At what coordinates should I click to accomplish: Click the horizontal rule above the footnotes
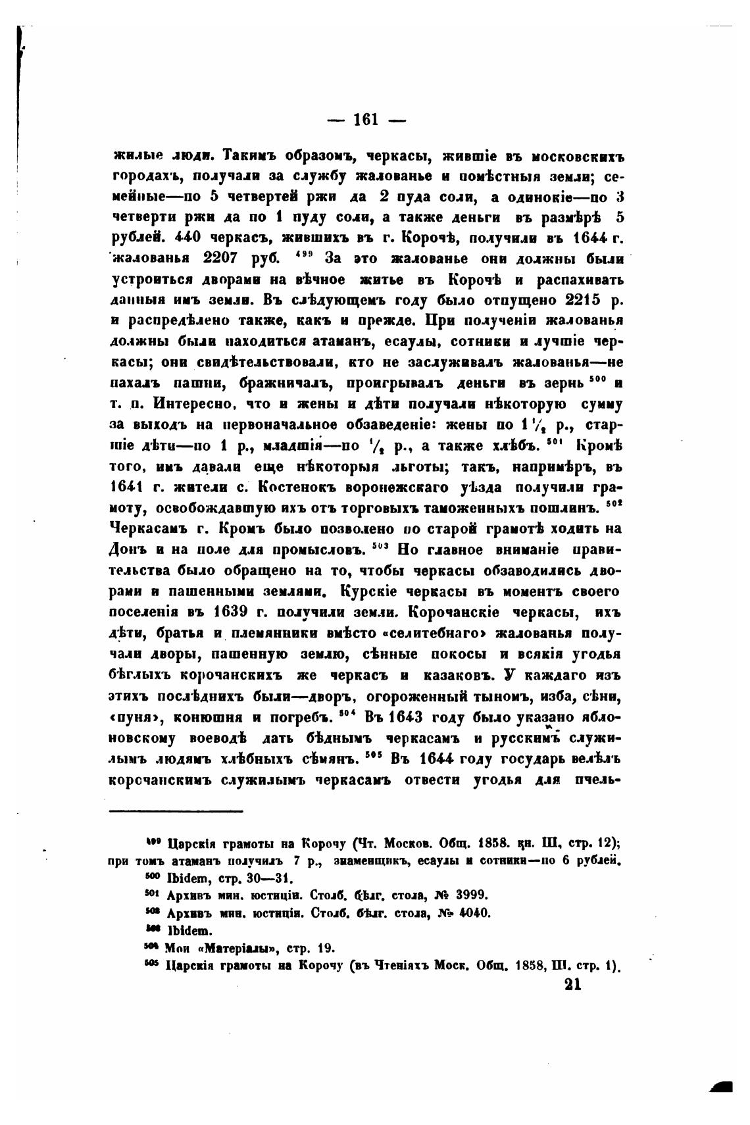(x=176, y=811)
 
